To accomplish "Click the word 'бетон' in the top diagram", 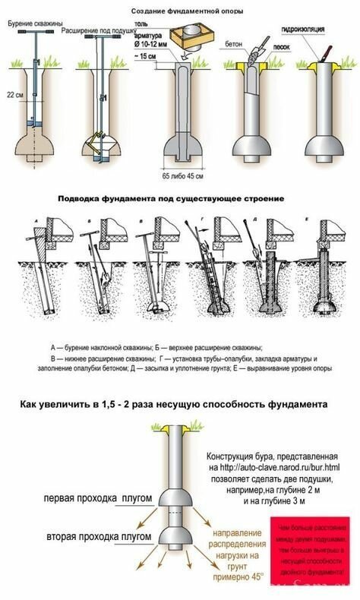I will pos(233,46).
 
